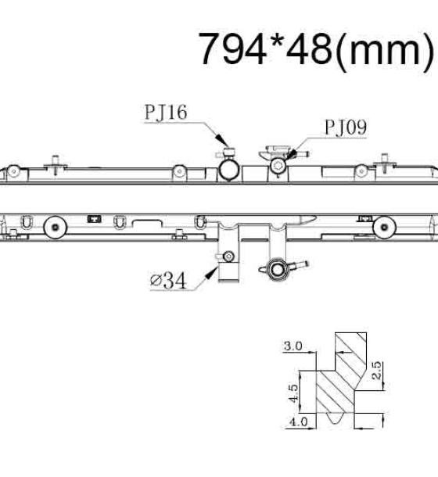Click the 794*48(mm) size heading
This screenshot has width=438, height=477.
click(316, 50)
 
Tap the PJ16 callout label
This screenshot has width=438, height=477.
click(166, 113)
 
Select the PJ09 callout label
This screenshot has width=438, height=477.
click(346, 127)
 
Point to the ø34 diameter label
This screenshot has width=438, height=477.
click(168, 280)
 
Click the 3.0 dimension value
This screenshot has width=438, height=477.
click(293, 346)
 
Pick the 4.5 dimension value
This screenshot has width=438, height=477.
click(293, 393)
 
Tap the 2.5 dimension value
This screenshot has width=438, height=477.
click(376, 370)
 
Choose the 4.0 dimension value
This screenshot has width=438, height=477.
click(298, 421)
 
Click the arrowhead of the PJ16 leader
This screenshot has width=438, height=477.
click(222, 140)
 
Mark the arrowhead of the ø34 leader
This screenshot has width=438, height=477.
click(211, 273)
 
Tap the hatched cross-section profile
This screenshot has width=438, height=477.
click(342, 377)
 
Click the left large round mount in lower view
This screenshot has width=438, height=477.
click(56, 228)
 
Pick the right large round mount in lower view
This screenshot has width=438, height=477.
click(385, 227)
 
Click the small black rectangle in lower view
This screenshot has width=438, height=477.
click(95, 218)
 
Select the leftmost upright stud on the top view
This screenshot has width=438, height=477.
click(55, 164)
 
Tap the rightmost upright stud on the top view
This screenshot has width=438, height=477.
click(385, 162)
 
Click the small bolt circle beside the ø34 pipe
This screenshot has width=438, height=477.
click(228, 256)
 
